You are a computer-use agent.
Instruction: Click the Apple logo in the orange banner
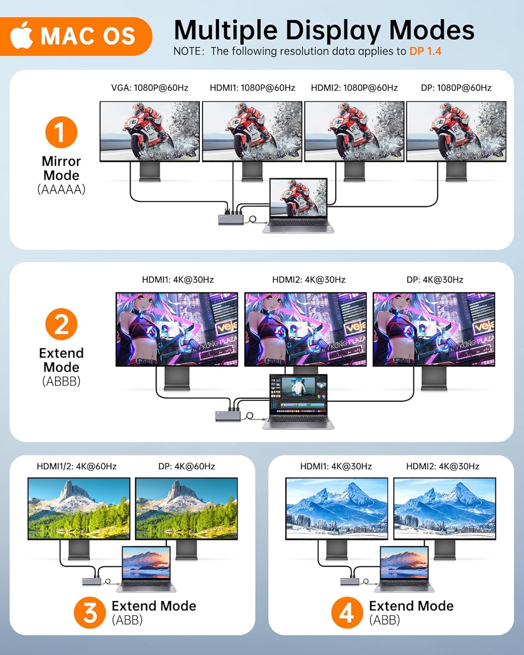22,36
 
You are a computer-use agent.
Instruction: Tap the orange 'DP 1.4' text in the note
425,51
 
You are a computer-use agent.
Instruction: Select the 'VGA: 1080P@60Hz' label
149,88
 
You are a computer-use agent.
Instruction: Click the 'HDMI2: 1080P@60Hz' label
354,88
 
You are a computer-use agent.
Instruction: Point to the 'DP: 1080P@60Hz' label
456,88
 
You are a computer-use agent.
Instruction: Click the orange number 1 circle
61,132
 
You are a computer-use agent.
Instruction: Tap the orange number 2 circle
61,324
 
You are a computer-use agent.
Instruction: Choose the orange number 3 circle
90,612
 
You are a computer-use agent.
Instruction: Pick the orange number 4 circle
347,612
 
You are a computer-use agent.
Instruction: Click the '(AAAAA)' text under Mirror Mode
61,190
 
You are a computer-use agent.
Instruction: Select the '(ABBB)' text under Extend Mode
61,381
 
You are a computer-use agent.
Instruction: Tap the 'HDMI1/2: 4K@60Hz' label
76,466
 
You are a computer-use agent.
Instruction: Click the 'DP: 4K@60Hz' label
186,466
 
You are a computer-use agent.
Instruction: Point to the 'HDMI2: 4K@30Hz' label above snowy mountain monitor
442,466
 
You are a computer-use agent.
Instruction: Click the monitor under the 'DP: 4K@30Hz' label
434,329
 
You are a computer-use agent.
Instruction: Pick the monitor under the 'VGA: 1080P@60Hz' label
150,131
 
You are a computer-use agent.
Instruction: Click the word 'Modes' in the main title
431,31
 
